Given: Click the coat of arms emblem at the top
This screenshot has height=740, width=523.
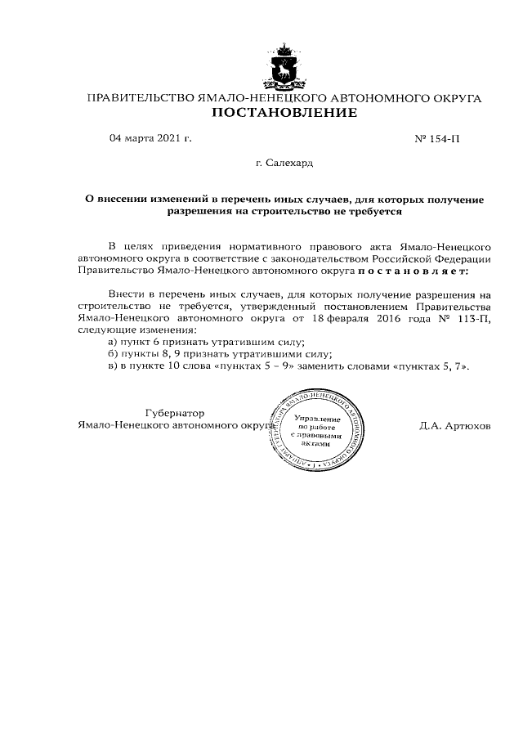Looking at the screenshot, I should tap(284, 67).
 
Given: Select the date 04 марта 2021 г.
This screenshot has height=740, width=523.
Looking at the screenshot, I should tap(150, 138).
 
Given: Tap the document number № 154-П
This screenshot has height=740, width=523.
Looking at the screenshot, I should tap(438, 139).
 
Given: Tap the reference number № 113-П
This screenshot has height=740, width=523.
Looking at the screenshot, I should tap(472, 317).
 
